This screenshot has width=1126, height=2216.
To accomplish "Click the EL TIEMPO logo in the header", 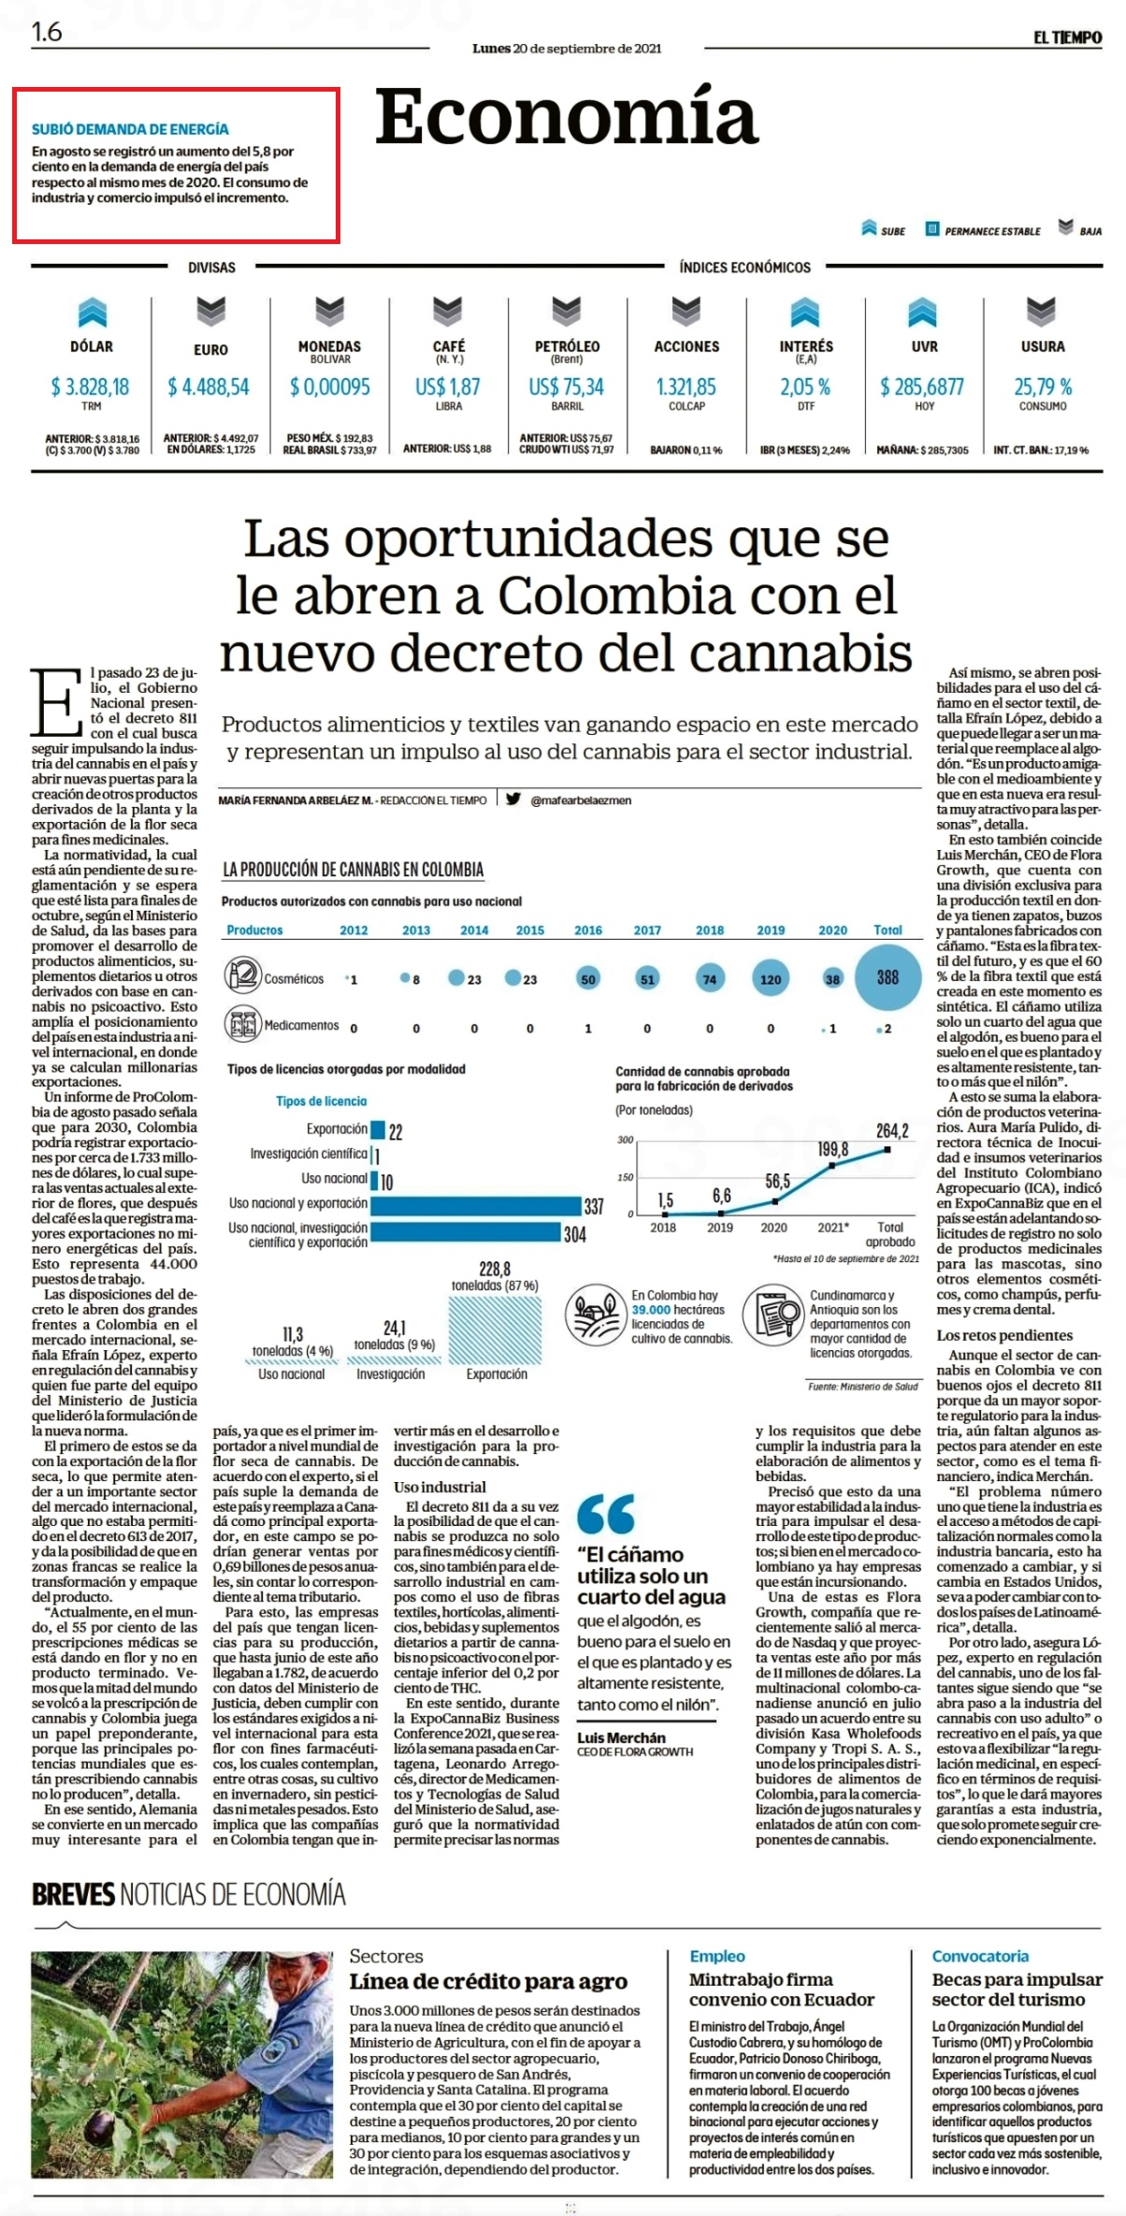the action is point(1067,37).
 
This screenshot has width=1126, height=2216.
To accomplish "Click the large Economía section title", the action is point(566,117).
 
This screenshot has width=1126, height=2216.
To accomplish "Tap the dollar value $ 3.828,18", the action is point(91,386).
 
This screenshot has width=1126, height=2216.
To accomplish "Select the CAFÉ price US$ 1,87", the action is point(448,386).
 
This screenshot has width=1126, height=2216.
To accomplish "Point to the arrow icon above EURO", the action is point(210,311).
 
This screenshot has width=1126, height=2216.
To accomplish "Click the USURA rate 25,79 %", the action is point(1043,386).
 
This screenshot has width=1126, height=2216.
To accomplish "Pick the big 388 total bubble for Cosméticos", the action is point(888,977).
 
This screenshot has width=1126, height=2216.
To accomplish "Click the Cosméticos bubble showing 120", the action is point(771,979).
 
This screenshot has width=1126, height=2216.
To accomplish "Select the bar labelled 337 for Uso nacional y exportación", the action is point(476,1205).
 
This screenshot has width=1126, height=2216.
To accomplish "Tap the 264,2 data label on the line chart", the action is point(892,1130).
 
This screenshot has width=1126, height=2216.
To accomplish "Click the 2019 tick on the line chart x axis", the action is point(720,1227).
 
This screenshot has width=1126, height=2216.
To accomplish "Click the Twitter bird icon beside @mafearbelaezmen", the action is point(513,799).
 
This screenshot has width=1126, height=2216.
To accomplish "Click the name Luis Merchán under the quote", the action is point(621,1737).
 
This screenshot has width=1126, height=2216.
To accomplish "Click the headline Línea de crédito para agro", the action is point(488,1981).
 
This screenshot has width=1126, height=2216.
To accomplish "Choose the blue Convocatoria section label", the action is point(980,1956).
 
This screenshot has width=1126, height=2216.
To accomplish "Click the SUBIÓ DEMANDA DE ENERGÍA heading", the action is point(130,129).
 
